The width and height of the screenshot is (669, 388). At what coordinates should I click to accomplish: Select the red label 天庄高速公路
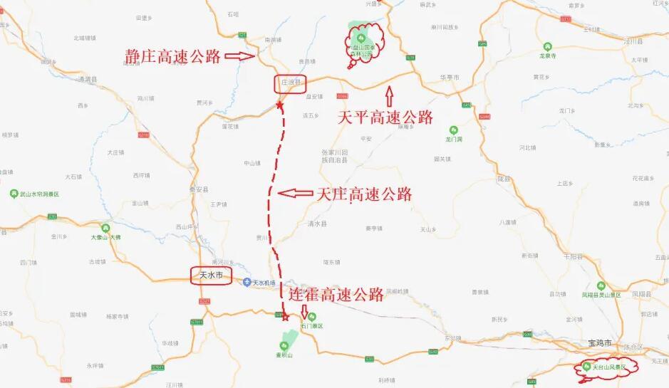click(x=364, y=193)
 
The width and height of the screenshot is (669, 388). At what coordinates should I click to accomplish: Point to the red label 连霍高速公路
click(x=336, y=295)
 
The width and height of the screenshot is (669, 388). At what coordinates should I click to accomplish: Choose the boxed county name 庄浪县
click(x=289, y=83)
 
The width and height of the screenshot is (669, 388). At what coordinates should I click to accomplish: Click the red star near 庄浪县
click(x=280, y=106)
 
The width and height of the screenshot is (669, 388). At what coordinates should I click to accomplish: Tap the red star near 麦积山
click(x=285, y=318)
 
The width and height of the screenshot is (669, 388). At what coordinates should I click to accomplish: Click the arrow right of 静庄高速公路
click(x=243, y=56)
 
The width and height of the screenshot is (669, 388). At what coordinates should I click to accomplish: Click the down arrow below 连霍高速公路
click(x=305, y=311)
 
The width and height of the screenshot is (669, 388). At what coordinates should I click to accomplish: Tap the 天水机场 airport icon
click(x=247, y=283)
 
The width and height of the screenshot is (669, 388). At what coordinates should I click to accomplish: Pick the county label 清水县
click(x=318, y=224)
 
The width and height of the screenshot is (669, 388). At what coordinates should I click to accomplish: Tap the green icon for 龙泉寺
click(x=548, y=45)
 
